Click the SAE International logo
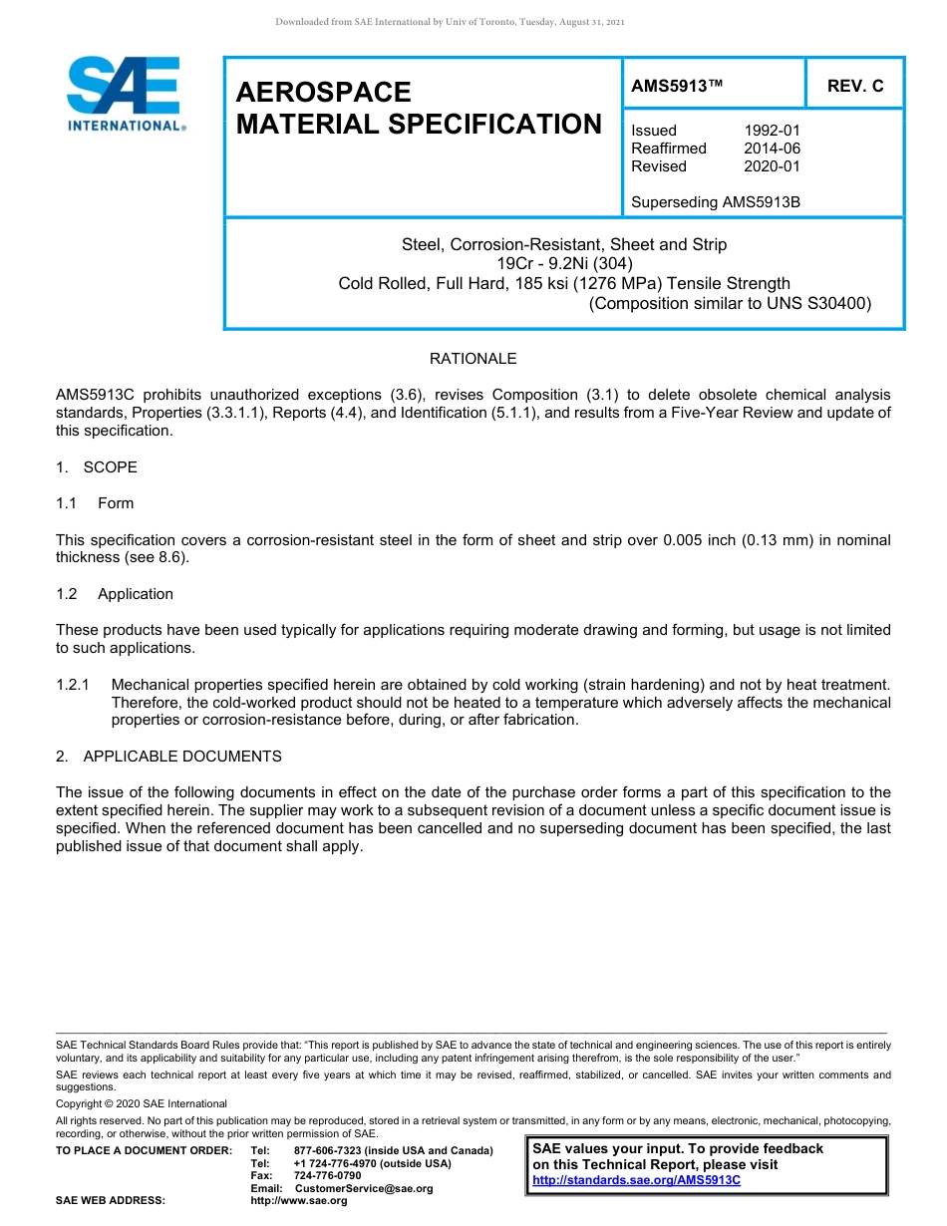[x=125, y=94]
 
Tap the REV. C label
[x=854, y=87]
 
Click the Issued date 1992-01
[x=772, y=131]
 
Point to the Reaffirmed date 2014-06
[x=772, y=149]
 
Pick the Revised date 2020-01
[x=772, y=166]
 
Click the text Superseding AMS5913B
[x=715, y=202]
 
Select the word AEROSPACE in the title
[x=323, y=93]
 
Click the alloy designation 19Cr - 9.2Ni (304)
[x=564, y=264]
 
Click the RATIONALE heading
[x=473, y=359]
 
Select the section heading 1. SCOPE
[x=97, y=467]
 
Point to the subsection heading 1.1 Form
[x=95, y=503]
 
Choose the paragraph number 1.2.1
[x=73, y=685]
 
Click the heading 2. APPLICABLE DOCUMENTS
[x=168, y=757]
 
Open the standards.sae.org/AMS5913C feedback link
[x=636, y=1180]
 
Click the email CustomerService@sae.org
[x=364, y=1188]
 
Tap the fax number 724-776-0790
[x=327, y=1176]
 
